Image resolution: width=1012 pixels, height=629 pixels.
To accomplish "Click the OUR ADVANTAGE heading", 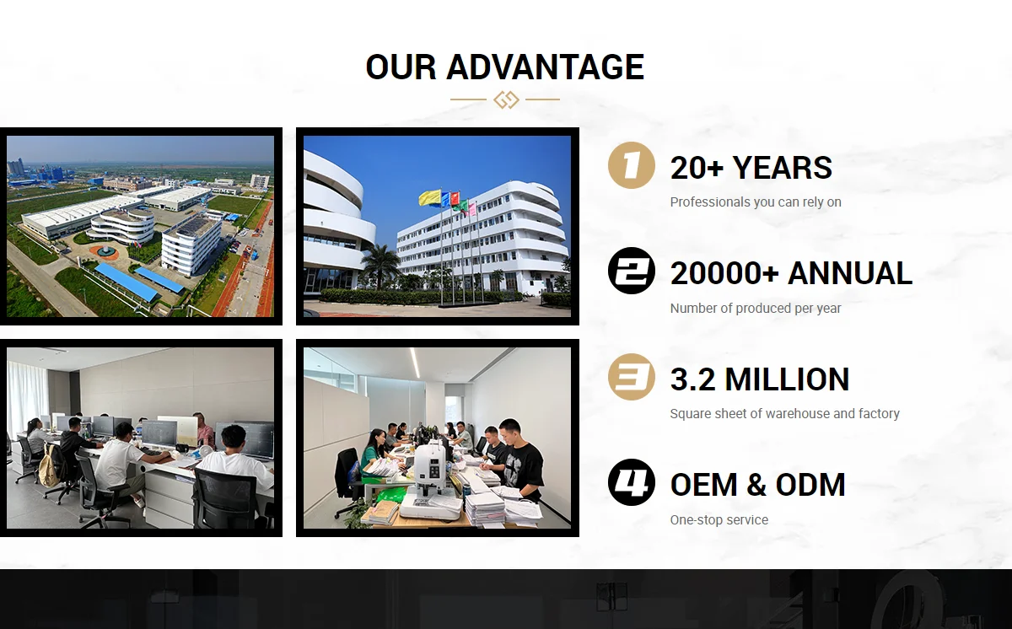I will [x=505, y=67].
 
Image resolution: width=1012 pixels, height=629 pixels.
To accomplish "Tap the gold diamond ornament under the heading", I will [x=506, y=99].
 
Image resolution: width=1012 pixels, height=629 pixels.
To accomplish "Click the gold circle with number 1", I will [x=631, y=165].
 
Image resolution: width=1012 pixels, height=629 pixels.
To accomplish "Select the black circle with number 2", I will [x=631, y=271].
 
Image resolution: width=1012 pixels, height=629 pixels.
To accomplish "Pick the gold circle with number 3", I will [x=631, y=377].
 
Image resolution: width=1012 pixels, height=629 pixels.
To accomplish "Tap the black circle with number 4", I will [x=631, y=482].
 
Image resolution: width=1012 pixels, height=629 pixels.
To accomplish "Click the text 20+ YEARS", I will [x=751, y=169].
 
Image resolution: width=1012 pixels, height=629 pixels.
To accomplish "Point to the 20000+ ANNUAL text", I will [x=791, y=274].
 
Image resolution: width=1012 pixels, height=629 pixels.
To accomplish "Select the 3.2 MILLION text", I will [x=759, y=380].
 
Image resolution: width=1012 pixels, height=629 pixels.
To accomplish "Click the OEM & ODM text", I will [x=757, y=486].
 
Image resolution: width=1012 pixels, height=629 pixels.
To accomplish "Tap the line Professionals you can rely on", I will [x=756, y=202].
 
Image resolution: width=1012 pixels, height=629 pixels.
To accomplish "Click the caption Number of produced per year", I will [x=756, y=309].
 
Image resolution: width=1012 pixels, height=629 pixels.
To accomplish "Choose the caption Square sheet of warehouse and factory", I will [x=784, y=414].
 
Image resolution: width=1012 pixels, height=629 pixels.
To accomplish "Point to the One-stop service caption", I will [x=719, y=520].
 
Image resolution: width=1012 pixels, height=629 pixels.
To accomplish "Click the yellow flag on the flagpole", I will [x=429, y=198].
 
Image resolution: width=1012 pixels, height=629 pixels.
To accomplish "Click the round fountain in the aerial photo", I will [x=106, y=250].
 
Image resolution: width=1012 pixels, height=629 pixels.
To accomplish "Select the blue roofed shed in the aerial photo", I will [x=126, y=282].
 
